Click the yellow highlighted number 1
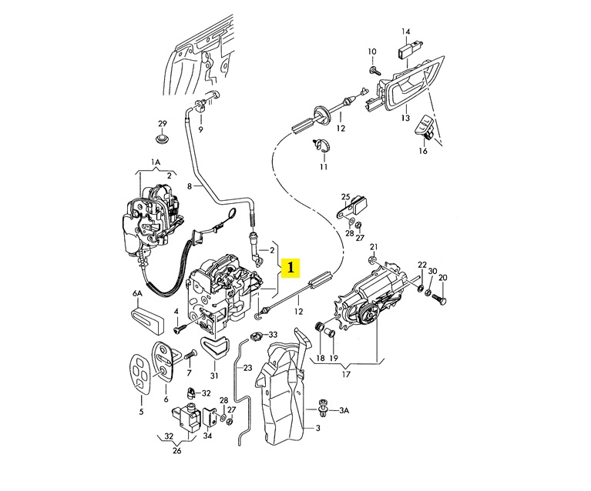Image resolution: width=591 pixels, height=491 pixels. [290, 267]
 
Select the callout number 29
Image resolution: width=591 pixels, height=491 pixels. [162, 123]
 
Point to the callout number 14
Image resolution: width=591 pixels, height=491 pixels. [405, 32]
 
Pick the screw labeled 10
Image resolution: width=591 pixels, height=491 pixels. [375, 70]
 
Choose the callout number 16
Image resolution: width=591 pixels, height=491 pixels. [423, 151]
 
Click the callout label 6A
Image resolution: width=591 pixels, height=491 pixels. [138, 294]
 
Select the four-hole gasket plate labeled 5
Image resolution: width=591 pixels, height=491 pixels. [140, 374]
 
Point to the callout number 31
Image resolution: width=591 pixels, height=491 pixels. [214, 376]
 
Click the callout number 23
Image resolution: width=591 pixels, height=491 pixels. [247, 368]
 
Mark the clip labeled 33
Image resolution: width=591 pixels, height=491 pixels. [256, 335]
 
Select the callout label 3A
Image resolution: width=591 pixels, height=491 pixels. [344, 410]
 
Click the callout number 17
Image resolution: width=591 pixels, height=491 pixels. [346, 374]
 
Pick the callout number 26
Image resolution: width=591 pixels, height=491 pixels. [176, 450]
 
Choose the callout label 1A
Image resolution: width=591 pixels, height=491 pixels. [156, 162]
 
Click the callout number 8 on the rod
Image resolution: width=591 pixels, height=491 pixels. [190, 185]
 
